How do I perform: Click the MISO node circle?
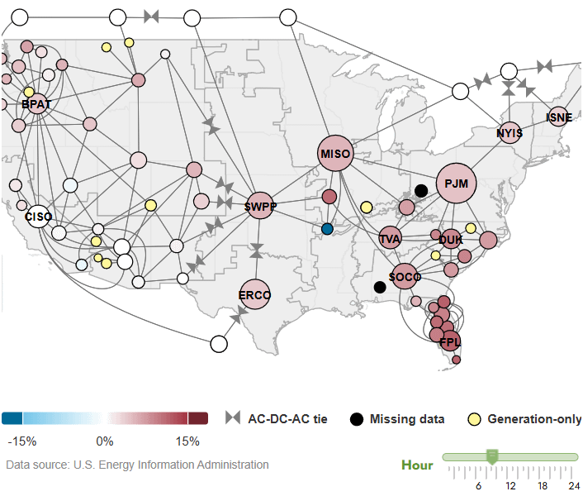[x=335, y=154]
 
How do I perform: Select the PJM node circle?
[x=457, y=183]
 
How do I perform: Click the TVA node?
[x=390, y=239]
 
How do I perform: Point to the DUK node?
[x=451, y=240]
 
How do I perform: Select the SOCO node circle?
[x=405, y=277]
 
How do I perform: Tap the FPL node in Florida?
[x=449, y=341]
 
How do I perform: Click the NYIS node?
[x=510, y=132]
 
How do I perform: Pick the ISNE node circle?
[x=559, y=117]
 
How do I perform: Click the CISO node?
[x=39, y=217]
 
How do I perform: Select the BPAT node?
[x=36, y=105]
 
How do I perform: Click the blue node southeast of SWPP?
[x=328, y=228]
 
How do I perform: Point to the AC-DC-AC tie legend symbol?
[x=234, y=418]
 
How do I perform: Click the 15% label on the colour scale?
[x=187, y=441]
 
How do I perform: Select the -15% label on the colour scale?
[x=22, y=441]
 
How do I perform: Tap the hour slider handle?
[x=492, y=456]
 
